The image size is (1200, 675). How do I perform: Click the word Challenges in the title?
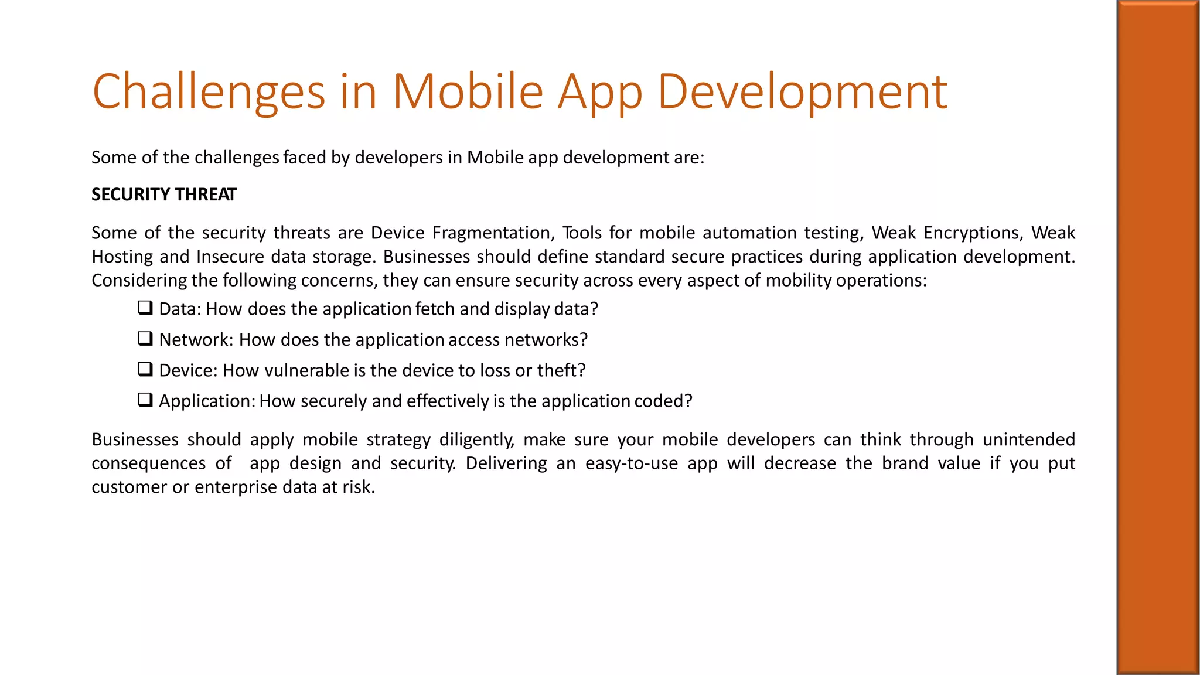209,92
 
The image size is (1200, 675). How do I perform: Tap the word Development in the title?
802,92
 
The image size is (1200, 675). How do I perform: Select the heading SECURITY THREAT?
163,195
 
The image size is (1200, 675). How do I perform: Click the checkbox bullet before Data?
145,308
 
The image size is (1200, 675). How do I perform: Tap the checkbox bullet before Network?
145,339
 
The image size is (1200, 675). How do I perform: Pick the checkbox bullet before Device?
145,369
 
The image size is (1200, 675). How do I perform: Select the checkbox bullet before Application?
145,400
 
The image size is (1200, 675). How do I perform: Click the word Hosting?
122,257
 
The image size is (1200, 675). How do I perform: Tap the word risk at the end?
357,487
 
